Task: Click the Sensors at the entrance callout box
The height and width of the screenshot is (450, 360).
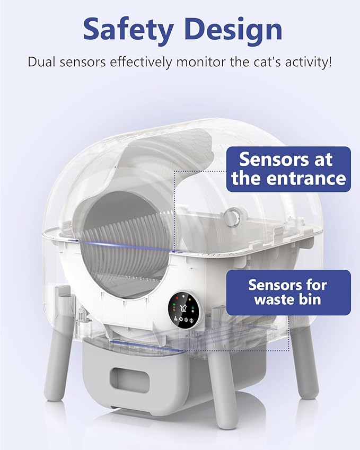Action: (289, 169)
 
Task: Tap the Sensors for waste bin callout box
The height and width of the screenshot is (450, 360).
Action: (289, 292)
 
